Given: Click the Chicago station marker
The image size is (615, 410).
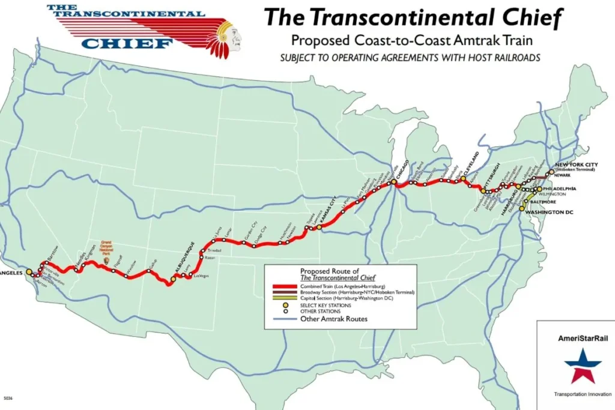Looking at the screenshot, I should [393, 181].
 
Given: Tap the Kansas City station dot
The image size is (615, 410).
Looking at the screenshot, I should [320, 228].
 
